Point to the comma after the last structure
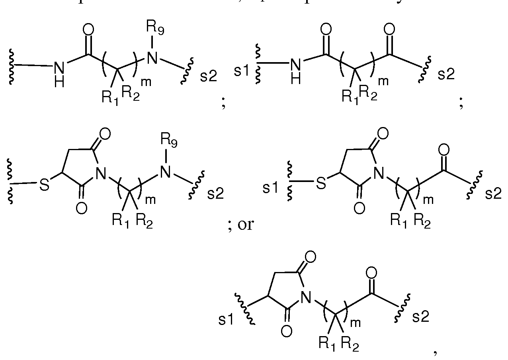[435, 351]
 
